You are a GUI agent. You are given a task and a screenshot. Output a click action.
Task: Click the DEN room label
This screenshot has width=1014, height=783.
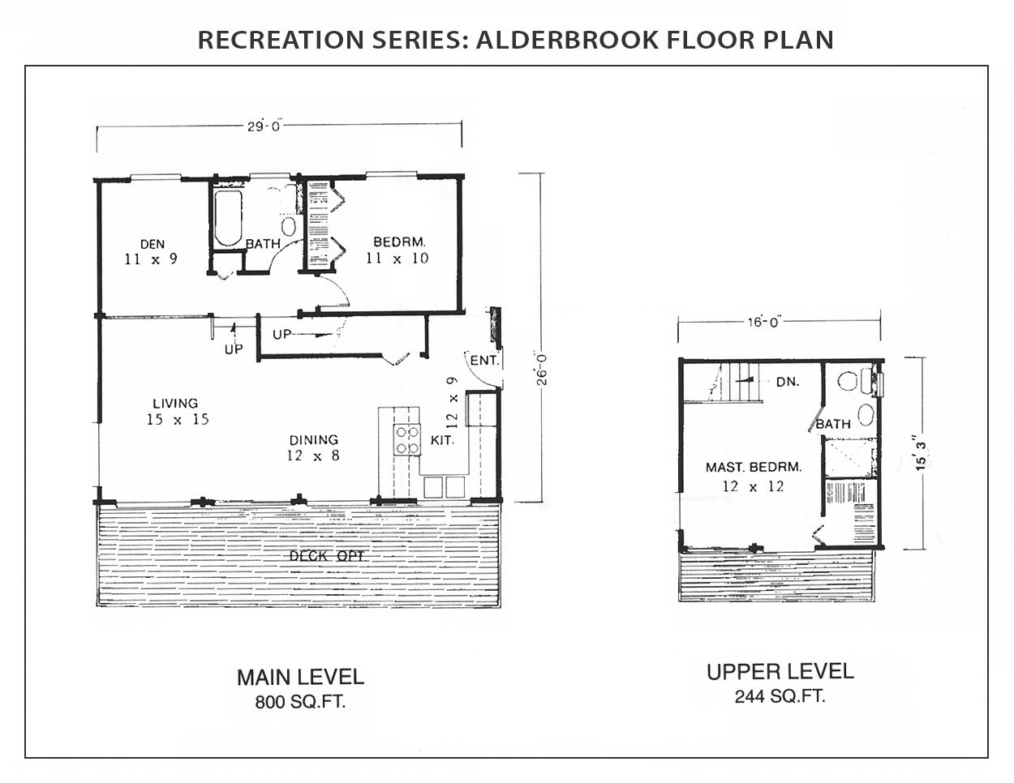pyautogui.click(x=153, y=244)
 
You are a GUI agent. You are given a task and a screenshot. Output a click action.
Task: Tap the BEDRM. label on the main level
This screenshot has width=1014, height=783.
pyautogui.click(x=399, y=242)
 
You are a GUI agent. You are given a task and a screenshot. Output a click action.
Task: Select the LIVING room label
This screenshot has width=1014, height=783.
pyautogui.click(x=175, y=403)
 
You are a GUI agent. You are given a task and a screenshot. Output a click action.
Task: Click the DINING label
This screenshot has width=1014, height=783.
pyautogui.click(x=314, y=440)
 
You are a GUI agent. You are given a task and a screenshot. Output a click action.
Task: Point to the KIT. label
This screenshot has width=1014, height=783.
pyautogui.click(x=442, y=440)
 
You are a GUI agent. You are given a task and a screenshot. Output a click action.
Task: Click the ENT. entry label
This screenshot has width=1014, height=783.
pyautogui.click(x=484, y=360)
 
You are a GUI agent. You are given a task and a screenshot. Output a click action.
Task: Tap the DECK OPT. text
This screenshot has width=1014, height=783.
pyautogui.click(x=328, y=556)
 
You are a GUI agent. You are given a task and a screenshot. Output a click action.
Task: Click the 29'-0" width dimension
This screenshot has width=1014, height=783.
pyautogui.click(x=263, y=126)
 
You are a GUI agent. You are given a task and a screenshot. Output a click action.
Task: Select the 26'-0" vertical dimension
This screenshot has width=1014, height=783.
pyautogui.click(x=542, y=369)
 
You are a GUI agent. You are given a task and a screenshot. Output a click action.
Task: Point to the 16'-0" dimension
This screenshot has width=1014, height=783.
pyautogui.click(x=764, y=322)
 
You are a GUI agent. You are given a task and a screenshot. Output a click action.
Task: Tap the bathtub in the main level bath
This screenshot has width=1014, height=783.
pyautogui.click(x=228, y=218)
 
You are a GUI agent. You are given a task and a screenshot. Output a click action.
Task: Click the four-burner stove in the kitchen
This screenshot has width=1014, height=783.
pyautogui.click(x=406, y=440)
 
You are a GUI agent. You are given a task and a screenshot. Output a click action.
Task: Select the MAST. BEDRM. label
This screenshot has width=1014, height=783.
pyautogui.click(x=754, y=467)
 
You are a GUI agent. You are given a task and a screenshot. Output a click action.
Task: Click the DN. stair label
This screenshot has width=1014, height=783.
pyautogui.click(x=788, y=382)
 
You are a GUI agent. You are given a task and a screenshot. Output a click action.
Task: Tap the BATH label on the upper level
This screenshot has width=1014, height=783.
pyautogui.click(x=833, y=424)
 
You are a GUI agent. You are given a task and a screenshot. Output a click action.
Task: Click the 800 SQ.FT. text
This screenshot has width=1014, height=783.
pyautogui.click(x=300, y=702)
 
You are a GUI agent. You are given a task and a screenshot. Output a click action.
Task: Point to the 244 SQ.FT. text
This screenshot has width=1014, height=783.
pyautogui.click(x=780, y=696)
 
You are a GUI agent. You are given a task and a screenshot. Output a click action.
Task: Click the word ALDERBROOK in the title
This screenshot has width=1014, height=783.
pyautogui.click(x=566, y=40)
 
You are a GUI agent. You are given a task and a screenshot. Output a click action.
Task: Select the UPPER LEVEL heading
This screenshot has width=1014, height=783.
pyautogui.click(x=780, y=672)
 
